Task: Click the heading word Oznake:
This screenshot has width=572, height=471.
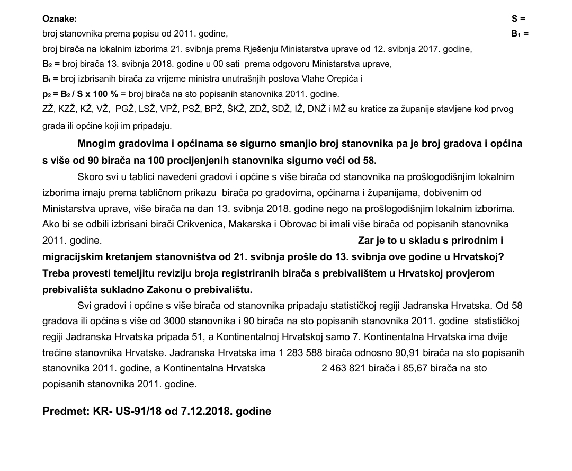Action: (59, 19)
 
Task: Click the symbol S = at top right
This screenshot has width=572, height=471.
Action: (518, 19)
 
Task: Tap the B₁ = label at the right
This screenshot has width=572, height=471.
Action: (520, 33)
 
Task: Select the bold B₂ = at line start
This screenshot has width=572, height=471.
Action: (51, 64)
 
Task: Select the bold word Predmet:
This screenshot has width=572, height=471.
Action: (65, 411)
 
